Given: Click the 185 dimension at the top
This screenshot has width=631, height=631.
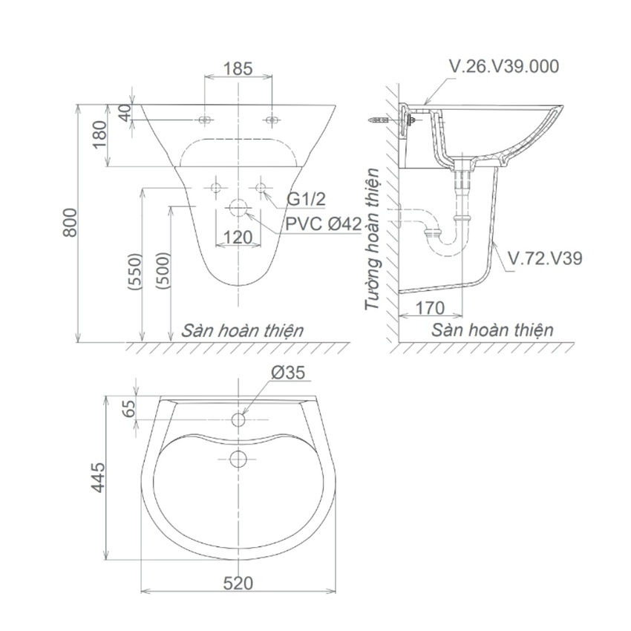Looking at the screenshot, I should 238,69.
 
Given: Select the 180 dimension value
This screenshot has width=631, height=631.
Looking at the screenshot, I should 99,135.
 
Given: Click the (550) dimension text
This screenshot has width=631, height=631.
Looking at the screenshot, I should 134,272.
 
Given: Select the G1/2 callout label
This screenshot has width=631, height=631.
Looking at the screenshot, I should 307,199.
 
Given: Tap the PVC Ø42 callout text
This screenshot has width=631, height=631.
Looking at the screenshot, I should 323,223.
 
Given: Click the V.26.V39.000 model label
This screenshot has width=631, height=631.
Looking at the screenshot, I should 504,67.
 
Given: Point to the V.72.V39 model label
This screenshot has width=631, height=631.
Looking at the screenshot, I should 545,258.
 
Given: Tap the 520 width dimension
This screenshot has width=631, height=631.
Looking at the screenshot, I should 238,583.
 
